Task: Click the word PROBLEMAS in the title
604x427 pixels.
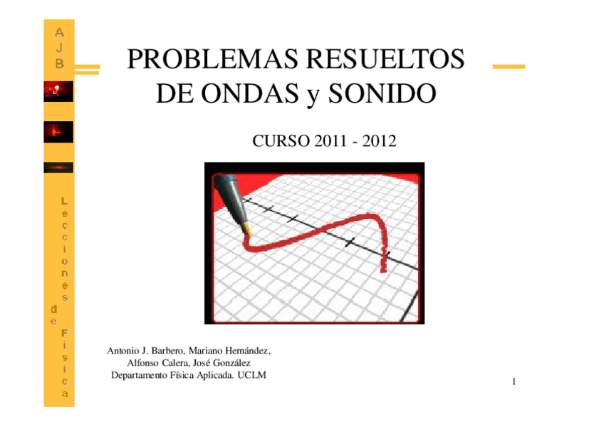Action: [213, 59]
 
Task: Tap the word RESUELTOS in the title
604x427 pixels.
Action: [385, 59]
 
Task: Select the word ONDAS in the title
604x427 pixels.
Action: [249, 93]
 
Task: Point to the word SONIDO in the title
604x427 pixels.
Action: [382, 93]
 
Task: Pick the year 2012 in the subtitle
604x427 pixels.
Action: [379, 141]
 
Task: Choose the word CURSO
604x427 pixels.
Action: [281, 141]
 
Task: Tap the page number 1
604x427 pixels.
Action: [514, 381]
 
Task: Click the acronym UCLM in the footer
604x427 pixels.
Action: [251, 375]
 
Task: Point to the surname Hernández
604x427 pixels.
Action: [248, 351]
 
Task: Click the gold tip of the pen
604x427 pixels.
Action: [246, 230]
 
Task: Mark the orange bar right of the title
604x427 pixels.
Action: [509, 67]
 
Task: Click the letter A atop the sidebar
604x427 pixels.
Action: [59, 32]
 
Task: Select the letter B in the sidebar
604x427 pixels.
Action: [59, 63]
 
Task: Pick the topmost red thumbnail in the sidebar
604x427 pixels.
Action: [58, 91]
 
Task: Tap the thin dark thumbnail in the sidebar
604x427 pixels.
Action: [58, 168]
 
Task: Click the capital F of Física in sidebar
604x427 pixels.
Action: [64, 333]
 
